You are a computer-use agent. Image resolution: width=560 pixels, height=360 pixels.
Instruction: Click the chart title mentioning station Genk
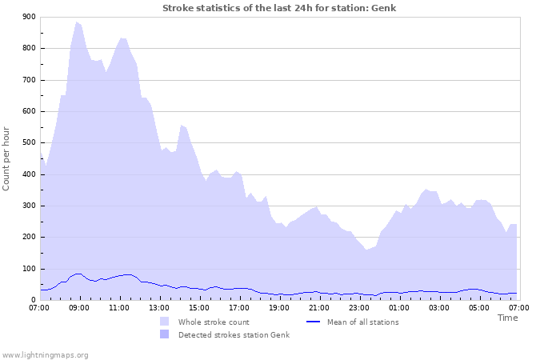pos(279,8)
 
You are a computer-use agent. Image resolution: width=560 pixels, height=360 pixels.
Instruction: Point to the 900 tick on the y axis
pos(28,17)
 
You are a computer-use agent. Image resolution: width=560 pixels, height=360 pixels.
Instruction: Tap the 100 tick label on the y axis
pos(28,269)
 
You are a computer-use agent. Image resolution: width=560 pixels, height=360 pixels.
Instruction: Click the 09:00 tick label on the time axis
pos(79,307)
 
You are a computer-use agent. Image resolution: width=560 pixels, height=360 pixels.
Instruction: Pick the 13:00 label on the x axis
pos(159,307)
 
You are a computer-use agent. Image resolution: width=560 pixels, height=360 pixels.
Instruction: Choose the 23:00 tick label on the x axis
pos(359,307)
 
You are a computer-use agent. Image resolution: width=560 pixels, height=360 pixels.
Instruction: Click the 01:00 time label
pos(399,307)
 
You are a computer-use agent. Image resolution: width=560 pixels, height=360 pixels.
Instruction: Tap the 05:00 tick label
pos(479,307)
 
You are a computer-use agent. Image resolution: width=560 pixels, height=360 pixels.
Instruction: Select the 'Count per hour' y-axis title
pos(7,158)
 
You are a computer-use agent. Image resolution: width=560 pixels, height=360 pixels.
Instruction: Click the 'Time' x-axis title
pos(507,318)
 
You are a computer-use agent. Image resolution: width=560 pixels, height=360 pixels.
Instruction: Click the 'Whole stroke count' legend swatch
pos(164,322)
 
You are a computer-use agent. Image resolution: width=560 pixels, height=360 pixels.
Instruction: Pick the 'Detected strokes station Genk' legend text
pos(234,334)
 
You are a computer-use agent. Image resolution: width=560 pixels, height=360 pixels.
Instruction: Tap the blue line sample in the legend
pos(314,322)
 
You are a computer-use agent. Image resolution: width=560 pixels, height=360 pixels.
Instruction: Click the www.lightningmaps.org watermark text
pos(45,354)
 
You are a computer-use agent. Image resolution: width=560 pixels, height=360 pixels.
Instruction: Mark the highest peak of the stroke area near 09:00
pos(77,22)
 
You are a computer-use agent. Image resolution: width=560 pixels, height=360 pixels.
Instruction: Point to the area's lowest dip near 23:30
pos(367,249)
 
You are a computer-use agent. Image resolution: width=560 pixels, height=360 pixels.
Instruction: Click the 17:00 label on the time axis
pos(239,307)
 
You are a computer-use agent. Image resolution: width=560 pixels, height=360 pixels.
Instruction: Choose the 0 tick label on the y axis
pos(33,300)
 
